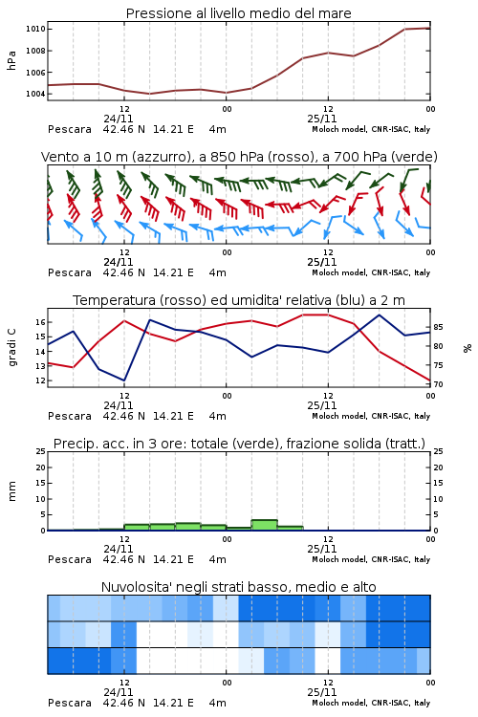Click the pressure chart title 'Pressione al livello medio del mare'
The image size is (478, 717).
click(x=238, y=13)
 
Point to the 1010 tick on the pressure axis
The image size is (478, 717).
click(x=35, y=29)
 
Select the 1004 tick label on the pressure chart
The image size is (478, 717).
click(x=35, y=95)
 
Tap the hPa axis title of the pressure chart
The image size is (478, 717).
click(x=11, y=60)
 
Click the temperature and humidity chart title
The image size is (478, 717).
click(x=239, y=300)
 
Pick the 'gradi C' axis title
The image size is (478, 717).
click(x=12, y=347)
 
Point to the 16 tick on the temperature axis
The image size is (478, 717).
click(x=40, y=322)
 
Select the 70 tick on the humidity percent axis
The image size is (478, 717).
click(x=438, y=384)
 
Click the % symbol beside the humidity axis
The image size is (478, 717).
click(x=467, y=348)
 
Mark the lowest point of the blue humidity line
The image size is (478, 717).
click(x=124, y=380)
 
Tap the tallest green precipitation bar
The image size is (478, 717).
click(x=265, y=525)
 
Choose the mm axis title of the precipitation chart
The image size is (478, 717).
click(x=11, y=491)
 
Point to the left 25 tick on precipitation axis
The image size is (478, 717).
click(x=40, y=451)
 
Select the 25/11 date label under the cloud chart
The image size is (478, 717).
click(x=322, y=692)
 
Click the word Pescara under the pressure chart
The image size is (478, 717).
click(x=70, y=129)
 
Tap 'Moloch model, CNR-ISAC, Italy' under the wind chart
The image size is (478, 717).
click(x=371, y=272)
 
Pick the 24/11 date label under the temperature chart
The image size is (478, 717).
click(x=119, y=405)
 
